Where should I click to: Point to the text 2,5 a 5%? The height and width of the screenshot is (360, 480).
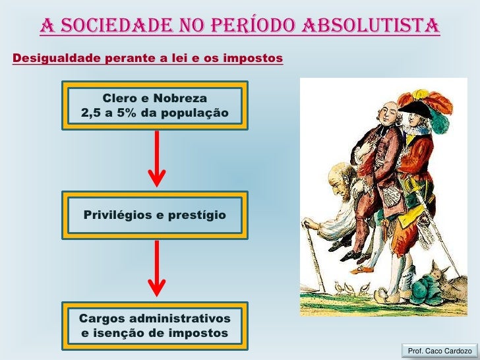[109, 113]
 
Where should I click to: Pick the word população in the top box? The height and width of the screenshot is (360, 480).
[194, 113]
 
